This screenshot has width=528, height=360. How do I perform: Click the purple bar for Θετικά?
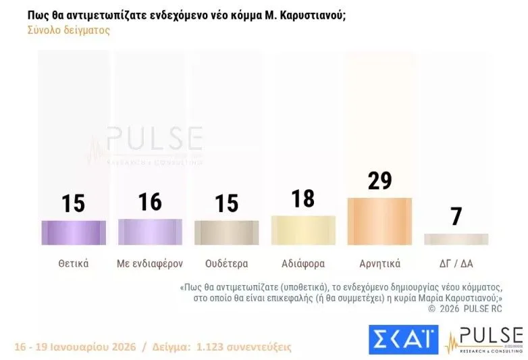tap(74, 232)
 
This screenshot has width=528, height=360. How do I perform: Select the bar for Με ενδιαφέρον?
tap(150, 232)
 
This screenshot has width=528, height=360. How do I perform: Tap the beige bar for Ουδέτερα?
tap(226, 232)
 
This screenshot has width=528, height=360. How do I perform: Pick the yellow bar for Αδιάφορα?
tap(303, 230)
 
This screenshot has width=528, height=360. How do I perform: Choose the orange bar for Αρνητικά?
tap(379, 221)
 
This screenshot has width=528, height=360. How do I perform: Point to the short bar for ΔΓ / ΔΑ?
tap(456, 239)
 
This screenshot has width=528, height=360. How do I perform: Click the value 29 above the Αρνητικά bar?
tap(379, 181)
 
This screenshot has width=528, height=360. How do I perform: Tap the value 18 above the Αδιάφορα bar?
tap(303, 199)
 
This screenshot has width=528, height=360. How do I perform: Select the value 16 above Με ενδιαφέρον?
tap(150, 201)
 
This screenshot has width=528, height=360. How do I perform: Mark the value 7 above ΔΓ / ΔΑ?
tap(456, 217)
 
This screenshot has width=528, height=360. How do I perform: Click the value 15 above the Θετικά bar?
tap(74, 203)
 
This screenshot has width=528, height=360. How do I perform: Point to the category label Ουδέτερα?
tap(226, 263)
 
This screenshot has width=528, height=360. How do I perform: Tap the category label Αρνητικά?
tap(379, 263)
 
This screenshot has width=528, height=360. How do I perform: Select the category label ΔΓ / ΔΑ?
tap(456, 263)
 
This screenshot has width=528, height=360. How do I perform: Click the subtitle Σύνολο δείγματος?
tap(68, 30)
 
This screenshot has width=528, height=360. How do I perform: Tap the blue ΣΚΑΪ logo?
tap(403, 339)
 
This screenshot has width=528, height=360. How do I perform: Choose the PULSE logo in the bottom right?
tap(484, 340)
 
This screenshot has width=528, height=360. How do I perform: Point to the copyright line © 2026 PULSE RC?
tap(466, 309)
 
